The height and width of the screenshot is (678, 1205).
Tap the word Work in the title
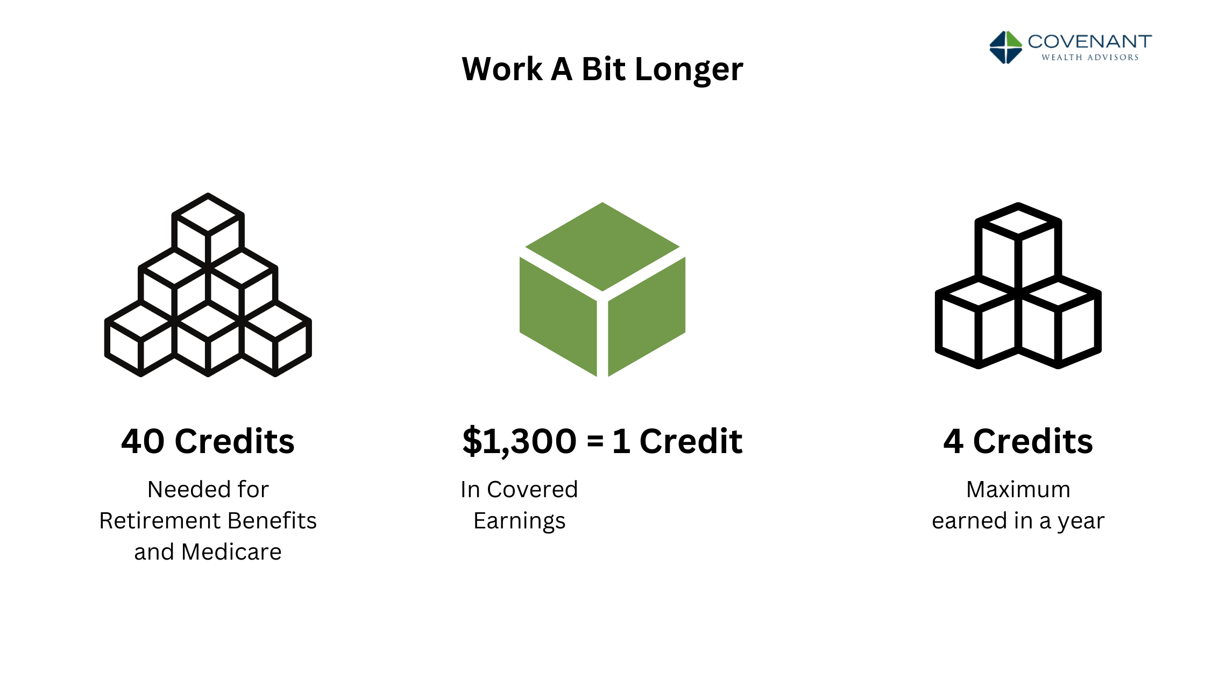502,70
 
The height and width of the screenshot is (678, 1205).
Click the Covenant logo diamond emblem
1005,47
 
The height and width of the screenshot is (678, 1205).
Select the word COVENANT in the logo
1089,41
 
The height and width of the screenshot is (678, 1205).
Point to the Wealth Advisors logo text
1090,57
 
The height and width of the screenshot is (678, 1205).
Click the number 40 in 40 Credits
143,441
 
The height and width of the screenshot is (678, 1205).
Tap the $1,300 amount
519,441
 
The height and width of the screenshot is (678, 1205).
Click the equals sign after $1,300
595,441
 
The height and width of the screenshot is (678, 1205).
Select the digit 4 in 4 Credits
953,441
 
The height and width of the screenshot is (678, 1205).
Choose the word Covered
532,490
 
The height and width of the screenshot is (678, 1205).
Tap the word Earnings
519,521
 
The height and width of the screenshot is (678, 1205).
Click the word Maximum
1018,490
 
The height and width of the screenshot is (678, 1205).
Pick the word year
1081,521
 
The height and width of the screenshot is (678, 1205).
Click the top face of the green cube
602,246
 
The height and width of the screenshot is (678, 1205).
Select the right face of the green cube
647,315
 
